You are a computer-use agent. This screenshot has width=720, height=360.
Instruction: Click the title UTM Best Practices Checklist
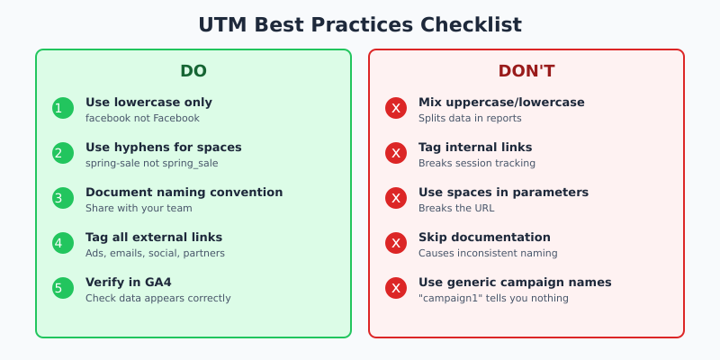(x=360, y=24)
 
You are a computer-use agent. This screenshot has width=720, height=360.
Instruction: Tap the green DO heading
(x=193, y=71)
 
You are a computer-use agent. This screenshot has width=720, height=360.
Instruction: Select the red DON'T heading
(x=526, y=71)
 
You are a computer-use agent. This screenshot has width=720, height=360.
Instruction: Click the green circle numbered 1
(x=63, y=108)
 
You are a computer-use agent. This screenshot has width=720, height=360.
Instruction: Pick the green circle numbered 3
(x=63, y=198)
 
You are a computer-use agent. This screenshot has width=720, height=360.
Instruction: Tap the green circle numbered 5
(x=63, y=288)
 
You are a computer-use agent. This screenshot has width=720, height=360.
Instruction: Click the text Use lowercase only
(x=148, y=102)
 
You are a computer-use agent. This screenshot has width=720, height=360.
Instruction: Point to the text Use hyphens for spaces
(x=163, y=147)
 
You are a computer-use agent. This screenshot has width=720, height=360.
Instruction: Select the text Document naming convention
(x=184, y=192)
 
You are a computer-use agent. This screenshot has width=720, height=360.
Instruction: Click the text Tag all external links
(x=153, y=237)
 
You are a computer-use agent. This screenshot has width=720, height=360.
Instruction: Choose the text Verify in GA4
(x=128, y=282)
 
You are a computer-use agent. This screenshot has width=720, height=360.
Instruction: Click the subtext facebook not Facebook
(x=142, y=118)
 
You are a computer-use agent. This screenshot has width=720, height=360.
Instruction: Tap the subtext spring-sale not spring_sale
(x=151, y=163)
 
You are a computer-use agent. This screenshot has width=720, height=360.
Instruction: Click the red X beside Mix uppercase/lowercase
(x=396, y=108)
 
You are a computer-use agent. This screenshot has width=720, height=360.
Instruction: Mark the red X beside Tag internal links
(x=396, y=153)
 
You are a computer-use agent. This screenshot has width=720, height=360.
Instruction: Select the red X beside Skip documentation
(x=396, y=243)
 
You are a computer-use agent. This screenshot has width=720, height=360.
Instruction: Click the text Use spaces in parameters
(x=503, y=192)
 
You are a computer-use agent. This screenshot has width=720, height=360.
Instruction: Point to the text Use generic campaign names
(x=515, y=282)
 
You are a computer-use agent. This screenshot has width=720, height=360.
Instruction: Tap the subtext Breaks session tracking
(x=477, y=163)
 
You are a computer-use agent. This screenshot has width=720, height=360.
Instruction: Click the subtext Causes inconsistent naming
(x=487, y=253)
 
